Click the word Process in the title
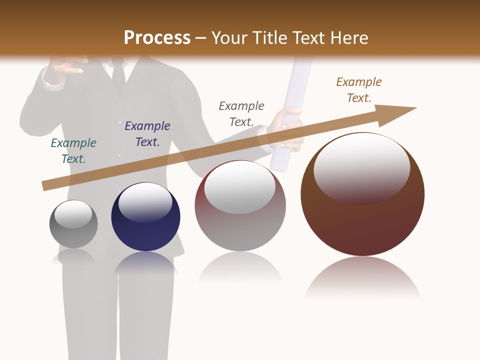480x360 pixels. point(157,38)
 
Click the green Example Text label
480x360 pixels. point(73,151)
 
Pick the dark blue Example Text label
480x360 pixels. point(147,134)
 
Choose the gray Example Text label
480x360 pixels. point(241,114)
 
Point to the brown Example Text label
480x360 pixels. point(359,90)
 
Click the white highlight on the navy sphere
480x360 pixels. point(145,201)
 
